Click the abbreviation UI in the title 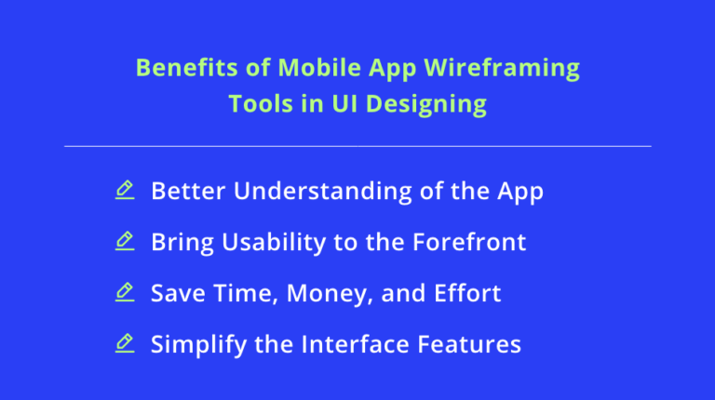click(345, 103)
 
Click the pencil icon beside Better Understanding click(124, 191)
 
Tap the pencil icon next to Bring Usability click(124, 242)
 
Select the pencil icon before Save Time click(124, 293)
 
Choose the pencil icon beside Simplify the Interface click(124, 344)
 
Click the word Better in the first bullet click(188, 192)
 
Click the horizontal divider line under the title click(357, 146)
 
